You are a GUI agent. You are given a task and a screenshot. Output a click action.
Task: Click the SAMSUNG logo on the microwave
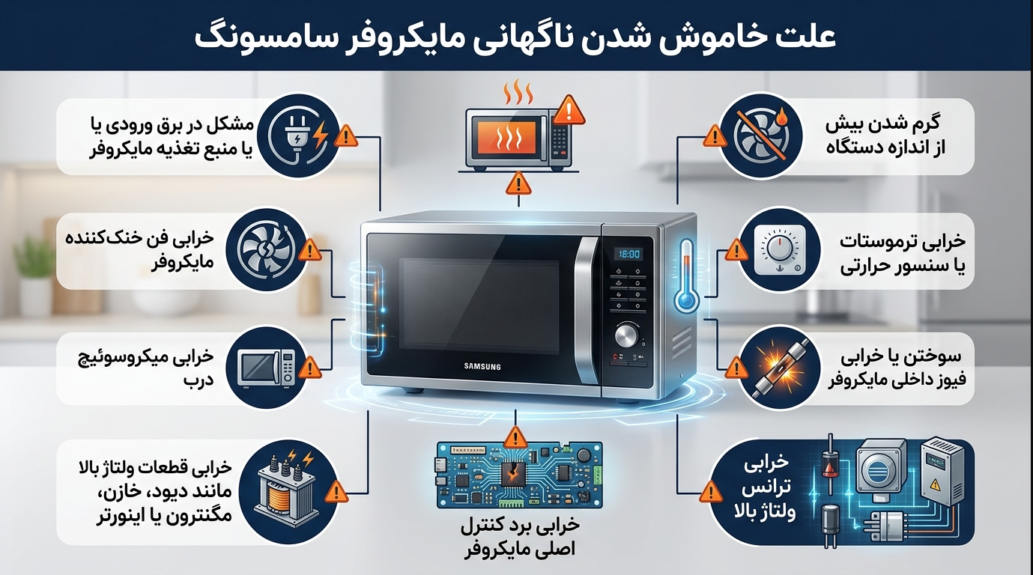click(x=482, y=367)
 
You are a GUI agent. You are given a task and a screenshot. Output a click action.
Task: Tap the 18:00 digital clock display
click(x=629, y=255)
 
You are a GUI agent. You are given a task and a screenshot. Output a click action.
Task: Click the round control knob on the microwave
click(x=627, y=336)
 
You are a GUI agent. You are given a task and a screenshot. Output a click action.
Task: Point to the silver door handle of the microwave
click(x=586, y=310)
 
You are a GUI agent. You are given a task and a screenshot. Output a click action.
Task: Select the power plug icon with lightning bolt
click(x=297, y=136)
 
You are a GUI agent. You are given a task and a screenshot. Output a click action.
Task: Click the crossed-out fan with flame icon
click(x=761, y=136)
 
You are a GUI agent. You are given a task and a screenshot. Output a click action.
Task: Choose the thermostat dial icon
click(x=780, y=251)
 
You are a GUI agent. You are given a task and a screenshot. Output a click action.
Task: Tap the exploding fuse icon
click(x=780, y=369)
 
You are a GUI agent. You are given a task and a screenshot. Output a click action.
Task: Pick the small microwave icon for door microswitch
click(x=267, y=368)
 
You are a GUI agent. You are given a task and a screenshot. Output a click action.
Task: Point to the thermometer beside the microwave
click(x=686, y=276)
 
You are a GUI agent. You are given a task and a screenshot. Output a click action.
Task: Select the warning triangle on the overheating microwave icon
click(x=569, y=111)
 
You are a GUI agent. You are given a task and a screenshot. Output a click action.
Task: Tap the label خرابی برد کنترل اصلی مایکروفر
click(x=519, y=538)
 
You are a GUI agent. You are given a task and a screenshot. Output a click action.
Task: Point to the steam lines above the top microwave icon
click(x=518, y=93)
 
